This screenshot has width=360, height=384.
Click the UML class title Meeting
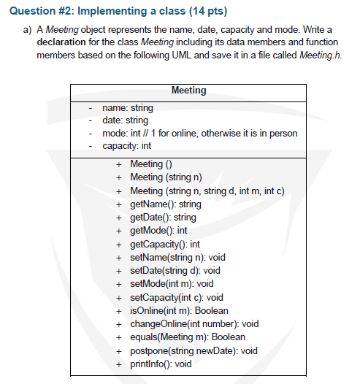tap(188, 91)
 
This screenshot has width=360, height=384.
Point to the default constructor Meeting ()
tap(150, 164)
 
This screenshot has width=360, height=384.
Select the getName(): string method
tap(165, 204)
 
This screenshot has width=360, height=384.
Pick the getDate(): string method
tap(163, 217)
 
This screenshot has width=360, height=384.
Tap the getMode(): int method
tap(158, 230)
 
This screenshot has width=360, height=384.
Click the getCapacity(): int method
tap(164, 244)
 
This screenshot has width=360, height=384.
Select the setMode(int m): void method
tap(171, 283)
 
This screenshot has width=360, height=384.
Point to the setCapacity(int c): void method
tap(176, 297)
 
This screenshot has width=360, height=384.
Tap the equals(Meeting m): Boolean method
tap(187, 337)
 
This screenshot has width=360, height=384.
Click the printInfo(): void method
tap(161, 364)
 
